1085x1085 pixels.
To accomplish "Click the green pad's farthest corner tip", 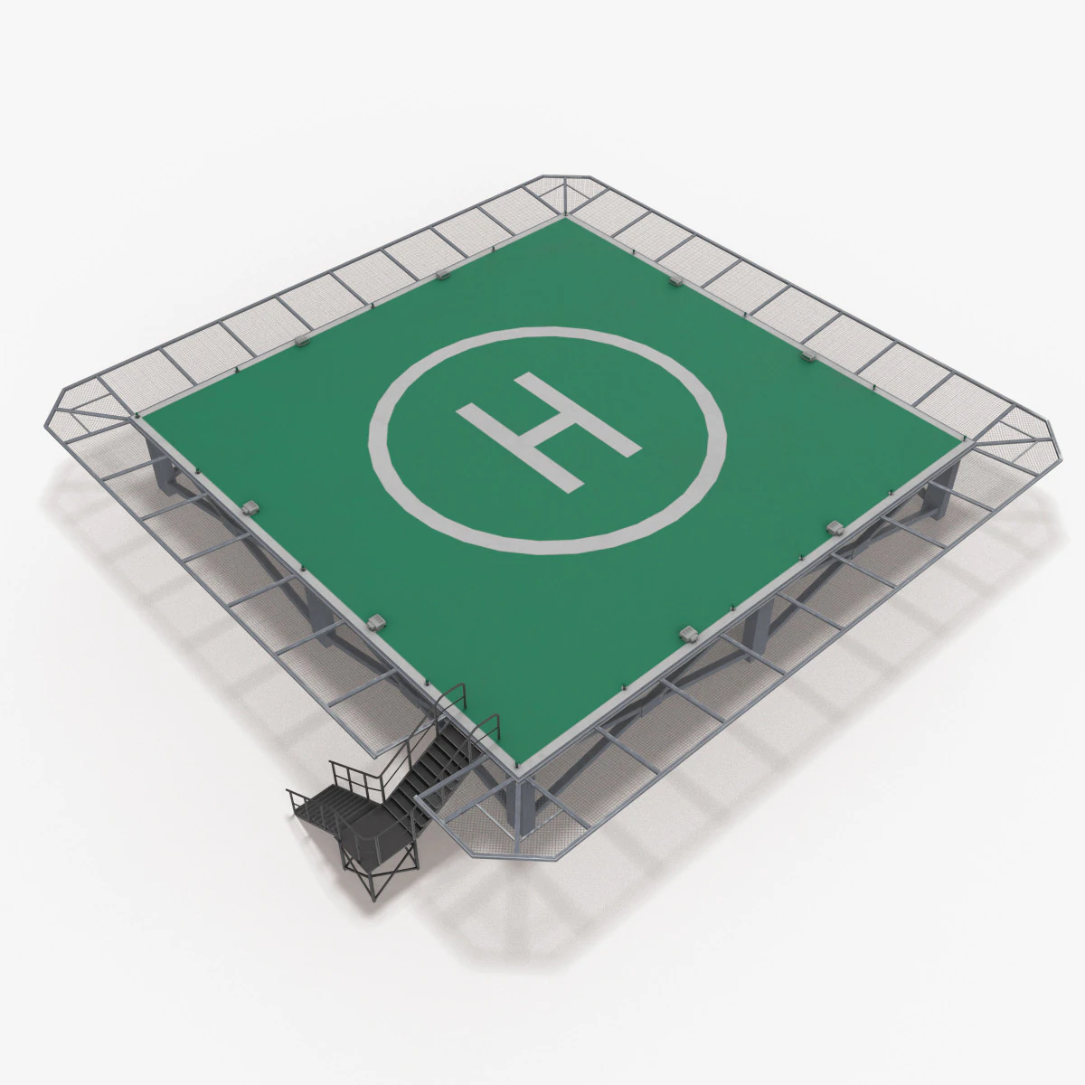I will tap(567, 216).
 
